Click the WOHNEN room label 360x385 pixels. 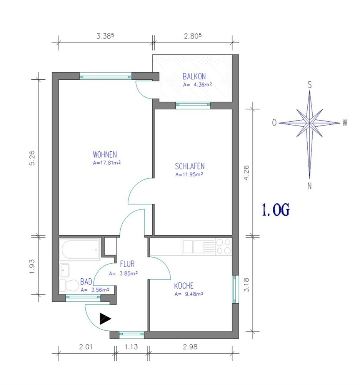(105, 154)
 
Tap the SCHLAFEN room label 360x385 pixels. (190, 166)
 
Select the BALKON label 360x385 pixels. (194, 76)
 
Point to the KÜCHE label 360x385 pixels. (184, 286)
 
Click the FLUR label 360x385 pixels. (127, 264)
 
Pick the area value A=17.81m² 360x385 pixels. (107, 162)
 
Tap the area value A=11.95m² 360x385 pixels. (189, 174)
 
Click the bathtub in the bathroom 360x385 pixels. (80, 249)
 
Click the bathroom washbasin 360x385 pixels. (64, 270)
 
